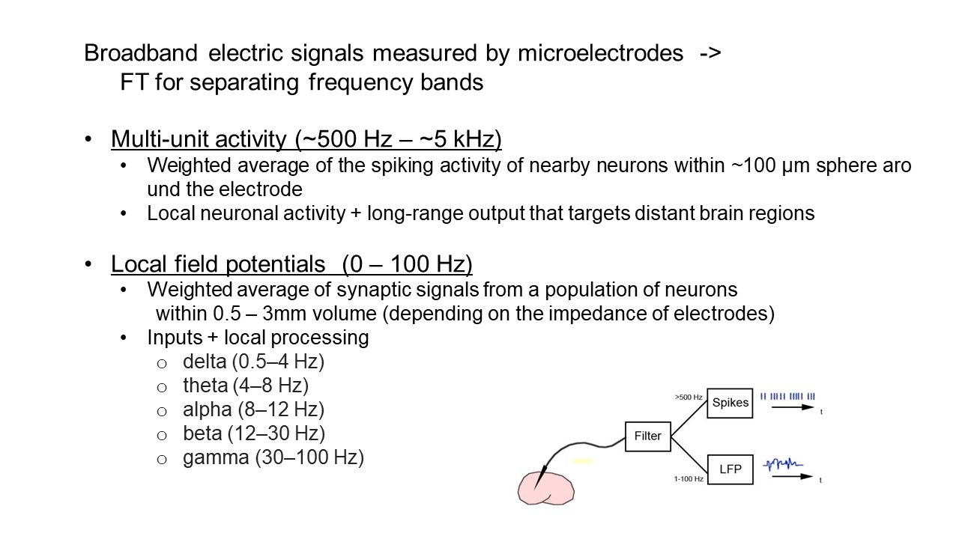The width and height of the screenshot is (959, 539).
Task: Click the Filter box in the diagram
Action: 648,436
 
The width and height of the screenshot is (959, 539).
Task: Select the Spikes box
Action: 730,403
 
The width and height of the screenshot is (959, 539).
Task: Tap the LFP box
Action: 730,469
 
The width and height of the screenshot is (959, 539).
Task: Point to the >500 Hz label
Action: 688,398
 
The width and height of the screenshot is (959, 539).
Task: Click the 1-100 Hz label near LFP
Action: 688,478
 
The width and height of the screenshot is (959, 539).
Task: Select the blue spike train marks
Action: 787,396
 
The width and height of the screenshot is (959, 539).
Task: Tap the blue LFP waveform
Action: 782,465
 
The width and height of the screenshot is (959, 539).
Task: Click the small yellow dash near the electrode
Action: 583,461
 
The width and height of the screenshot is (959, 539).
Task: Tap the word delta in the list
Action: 205,362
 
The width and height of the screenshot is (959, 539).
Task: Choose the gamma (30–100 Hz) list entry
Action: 273,457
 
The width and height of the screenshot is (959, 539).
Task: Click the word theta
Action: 205,386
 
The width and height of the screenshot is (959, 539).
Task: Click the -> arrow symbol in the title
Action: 709,53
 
